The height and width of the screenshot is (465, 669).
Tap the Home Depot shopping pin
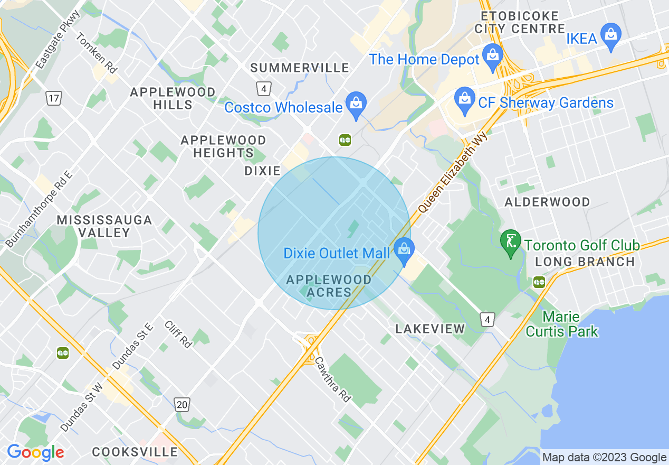pyautogui.click(x=493, y=57)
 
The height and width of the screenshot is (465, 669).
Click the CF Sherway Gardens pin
pyautogui.click(x=465, y=100)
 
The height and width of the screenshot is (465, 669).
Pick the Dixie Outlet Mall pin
pyautogui.click(x=404, y=251)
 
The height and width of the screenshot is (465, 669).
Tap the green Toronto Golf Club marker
pyautogui.click(x=510, y=243)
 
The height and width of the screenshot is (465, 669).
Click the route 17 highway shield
pyautogui.click(x=53, y=98)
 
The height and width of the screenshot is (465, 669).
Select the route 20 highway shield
pyautogui.click(x=182, y=405)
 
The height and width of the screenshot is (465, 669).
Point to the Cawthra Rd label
pyautogui.click(x=333, y=379)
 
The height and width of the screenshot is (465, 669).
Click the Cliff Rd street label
pyautogui.click(x=178, y=334)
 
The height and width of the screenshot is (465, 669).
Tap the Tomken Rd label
pyautogui.click(x=96, y=53)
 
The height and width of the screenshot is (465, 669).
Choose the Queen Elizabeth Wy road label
pyautogui.click(x=453, y=173)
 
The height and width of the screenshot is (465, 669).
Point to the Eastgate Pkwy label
pyautogui.click(x=58, y=39)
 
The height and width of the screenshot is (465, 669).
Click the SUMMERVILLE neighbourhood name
pyautogui.click(x=300, y=68)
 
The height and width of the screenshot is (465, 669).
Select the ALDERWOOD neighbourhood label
pyautogui.click(x=547, y=202)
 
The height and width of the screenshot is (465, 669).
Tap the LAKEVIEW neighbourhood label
pyautogui.click(x=430, y=329)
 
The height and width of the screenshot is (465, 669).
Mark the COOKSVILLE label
pyautogui.click(x=135, y=452)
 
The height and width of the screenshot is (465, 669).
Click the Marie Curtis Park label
pyautogui.click(x=561, y=324)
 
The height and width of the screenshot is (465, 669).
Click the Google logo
pyautogui.click(x=35, y=452)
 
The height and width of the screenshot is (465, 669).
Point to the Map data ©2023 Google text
pyautogui.click(x=605, y=457)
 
